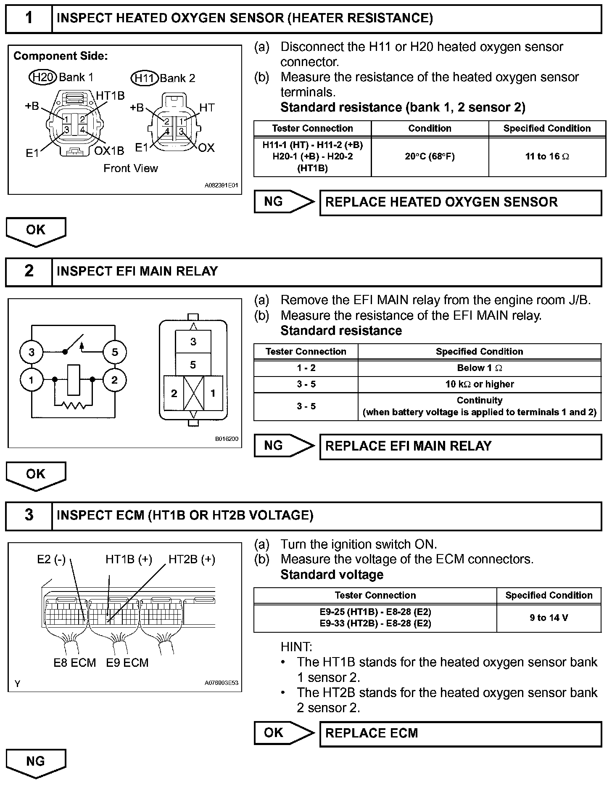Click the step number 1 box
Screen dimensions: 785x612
(x=29, y=18)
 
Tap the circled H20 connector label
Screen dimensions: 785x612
(x=42, y=77)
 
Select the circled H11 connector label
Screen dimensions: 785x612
(x=145, y=78)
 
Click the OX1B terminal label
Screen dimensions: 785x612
(x=109, y=151)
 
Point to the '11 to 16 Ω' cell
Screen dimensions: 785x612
(x=547, y=156)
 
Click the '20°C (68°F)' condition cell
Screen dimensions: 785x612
(x=430, y=156)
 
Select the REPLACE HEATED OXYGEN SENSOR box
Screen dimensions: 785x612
(x=460, y=202)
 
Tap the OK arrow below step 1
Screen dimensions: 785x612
(x=36, y=231)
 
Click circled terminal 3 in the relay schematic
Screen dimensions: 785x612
(x=32, y=352)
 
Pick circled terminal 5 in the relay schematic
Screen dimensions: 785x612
(x=114, y=352)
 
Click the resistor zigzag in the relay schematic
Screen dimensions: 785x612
(x=74, y=405)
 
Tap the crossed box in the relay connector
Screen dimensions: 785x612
(x=193, y=393)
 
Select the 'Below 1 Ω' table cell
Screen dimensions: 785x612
(x=479, y=368)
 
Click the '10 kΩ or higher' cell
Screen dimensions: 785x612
(x=479, y=384)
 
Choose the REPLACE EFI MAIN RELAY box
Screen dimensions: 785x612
(x=460, y=446)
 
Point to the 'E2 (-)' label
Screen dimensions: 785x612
(x=51, y=560)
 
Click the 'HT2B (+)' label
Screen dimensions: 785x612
(x=192, y=560)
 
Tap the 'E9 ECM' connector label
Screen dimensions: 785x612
(x=127, y=663)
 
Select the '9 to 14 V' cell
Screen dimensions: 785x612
(x=549, y=618)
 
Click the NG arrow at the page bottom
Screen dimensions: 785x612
(x=36, y=762)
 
